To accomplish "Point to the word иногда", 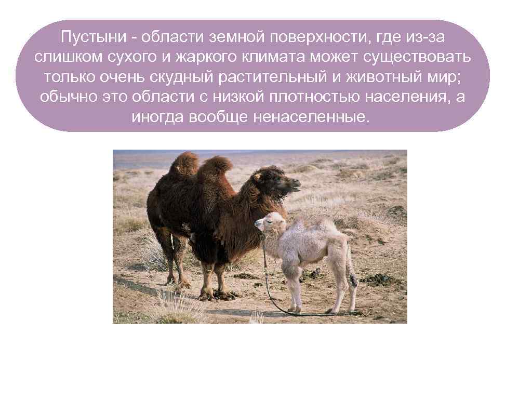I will [157, 116].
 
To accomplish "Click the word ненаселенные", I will [312, 116].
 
